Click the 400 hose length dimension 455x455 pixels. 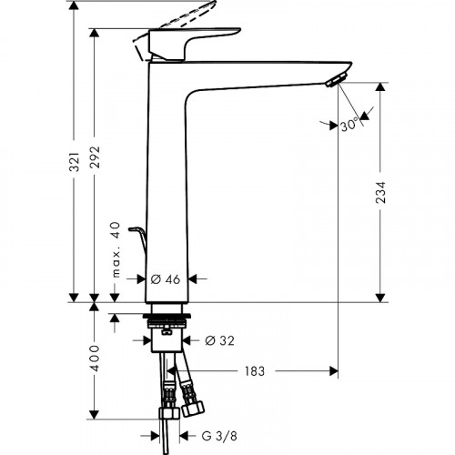95,358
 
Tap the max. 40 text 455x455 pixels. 116,251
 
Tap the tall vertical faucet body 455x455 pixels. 166,182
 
